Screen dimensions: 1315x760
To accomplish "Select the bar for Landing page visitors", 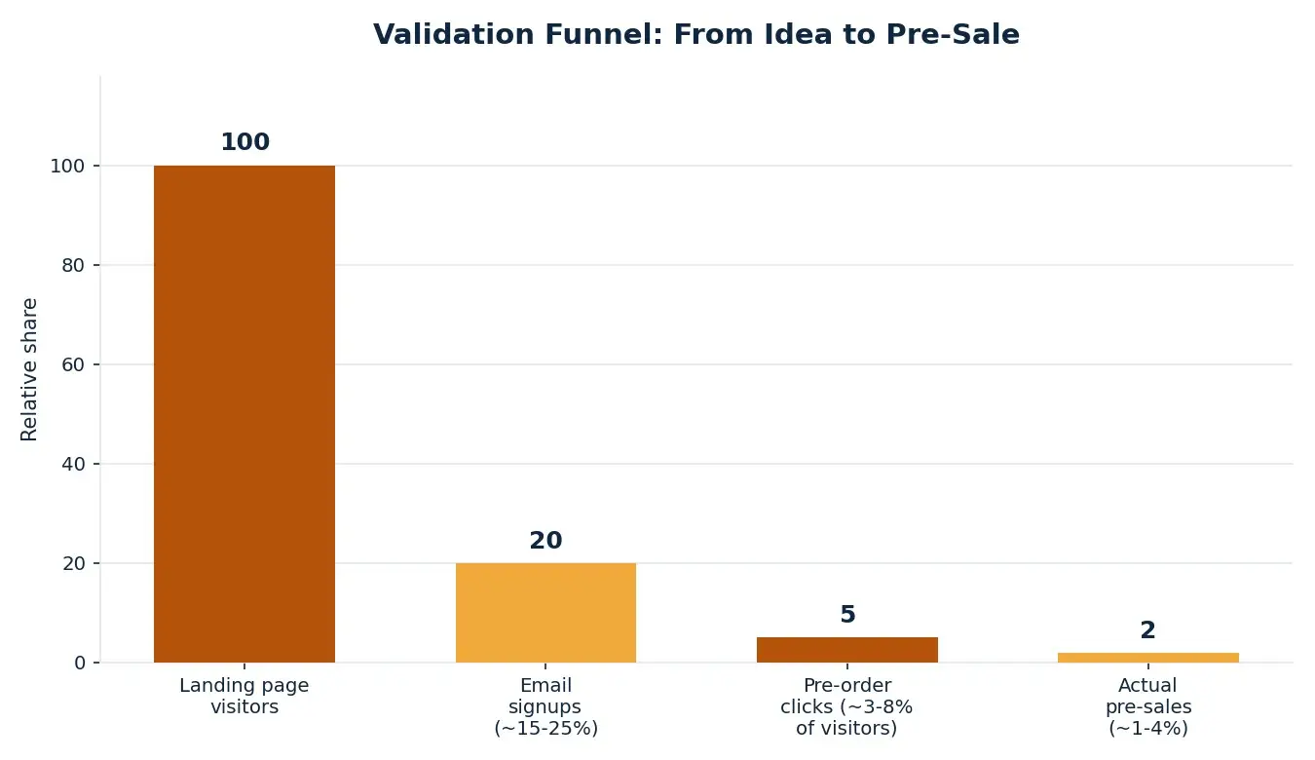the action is [244, 414].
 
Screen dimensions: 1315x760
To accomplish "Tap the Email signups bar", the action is [545, 613].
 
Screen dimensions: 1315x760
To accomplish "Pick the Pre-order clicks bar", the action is [847, 650].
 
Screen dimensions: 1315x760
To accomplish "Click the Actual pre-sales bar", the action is [1148, 658].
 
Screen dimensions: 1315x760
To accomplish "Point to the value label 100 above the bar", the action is [244, 142].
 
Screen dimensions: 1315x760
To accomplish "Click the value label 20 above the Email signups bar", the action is [545, 541].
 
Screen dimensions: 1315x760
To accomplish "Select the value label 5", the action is [847, 615].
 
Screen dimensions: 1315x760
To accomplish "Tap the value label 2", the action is [1148, 630].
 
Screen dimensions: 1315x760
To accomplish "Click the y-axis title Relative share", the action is [29, 369].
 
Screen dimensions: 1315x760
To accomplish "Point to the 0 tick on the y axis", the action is [80, 664].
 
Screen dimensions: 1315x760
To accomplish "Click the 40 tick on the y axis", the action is [73, 464].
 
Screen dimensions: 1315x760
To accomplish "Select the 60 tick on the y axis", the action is [73, 364].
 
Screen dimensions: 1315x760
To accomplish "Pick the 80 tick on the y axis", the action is [73, 265].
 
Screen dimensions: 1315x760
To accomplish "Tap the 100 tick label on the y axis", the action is [67, 167].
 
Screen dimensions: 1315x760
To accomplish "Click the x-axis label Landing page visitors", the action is [244, 696].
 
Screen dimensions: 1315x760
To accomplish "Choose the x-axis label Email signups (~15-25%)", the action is [545, 706].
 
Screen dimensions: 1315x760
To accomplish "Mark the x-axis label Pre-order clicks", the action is [846, 706].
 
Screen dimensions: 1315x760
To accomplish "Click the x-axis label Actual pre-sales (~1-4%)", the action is [1148, 706].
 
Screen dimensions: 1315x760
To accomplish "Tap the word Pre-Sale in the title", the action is [953, 34].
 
